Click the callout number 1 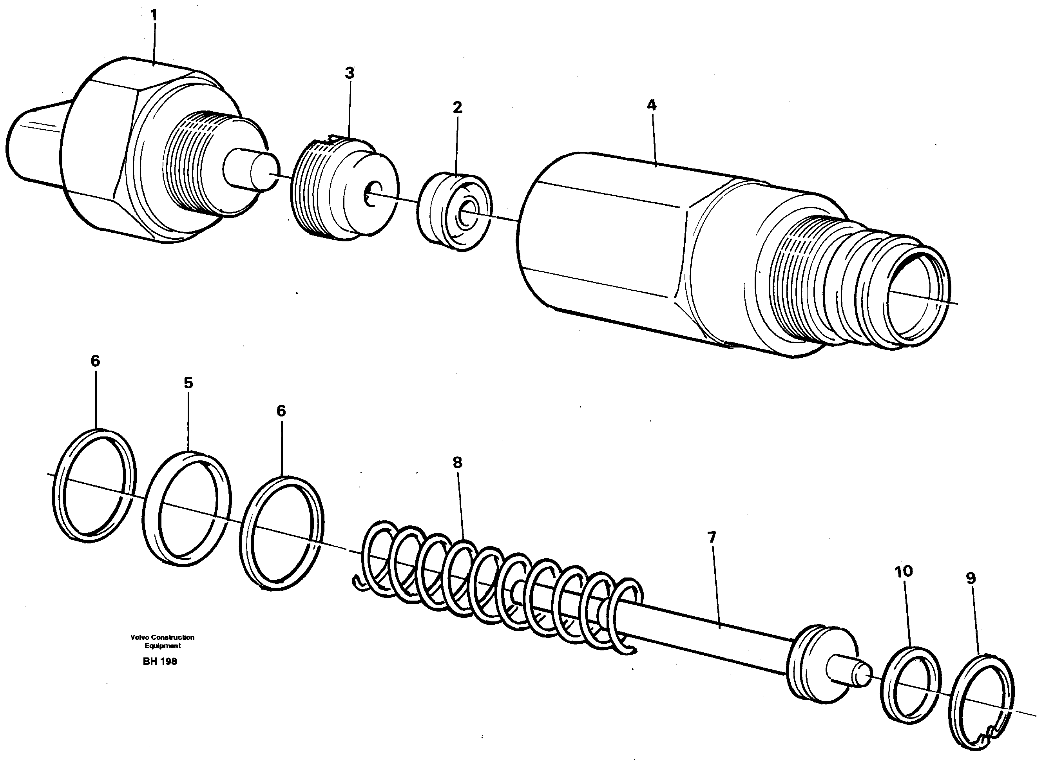click(x=154, y=16)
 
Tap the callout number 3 click(x=350, y=74)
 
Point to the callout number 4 click(x=651, y=105)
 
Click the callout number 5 click(x=188, y=383)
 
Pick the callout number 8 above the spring click(x=457, y=463)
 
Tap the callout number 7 click(x=712, y=538)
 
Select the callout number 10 click(x=904, y=571)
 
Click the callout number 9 click(x=971, y=579)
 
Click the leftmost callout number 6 click(x=95, y=361)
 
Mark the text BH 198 click(x=159, y=662)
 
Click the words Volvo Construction click(x=162, y=637)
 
